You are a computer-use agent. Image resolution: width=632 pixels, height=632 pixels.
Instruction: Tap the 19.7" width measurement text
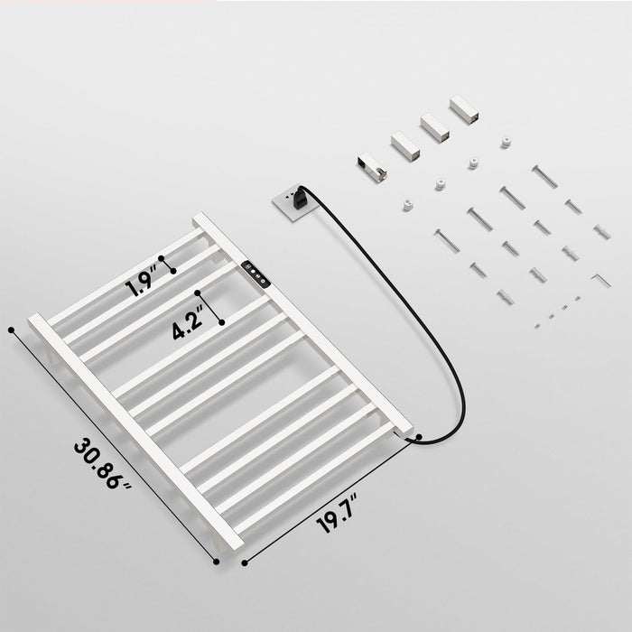point(336,514)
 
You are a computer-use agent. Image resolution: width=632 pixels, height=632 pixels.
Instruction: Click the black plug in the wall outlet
point(300,197)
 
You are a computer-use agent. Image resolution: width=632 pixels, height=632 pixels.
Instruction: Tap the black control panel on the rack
point(256,274)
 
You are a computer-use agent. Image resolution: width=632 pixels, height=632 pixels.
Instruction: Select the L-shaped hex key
point(600,280)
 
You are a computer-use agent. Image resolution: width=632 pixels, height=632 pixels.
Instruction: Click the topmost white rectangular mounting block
point(464,109)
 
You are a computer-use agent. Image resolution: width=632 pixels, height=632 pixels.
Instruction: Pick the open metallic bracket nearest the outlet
point(372,167)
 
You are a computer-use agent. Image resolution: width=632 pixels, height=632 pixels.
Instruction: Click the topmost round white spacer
point(506,143)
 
